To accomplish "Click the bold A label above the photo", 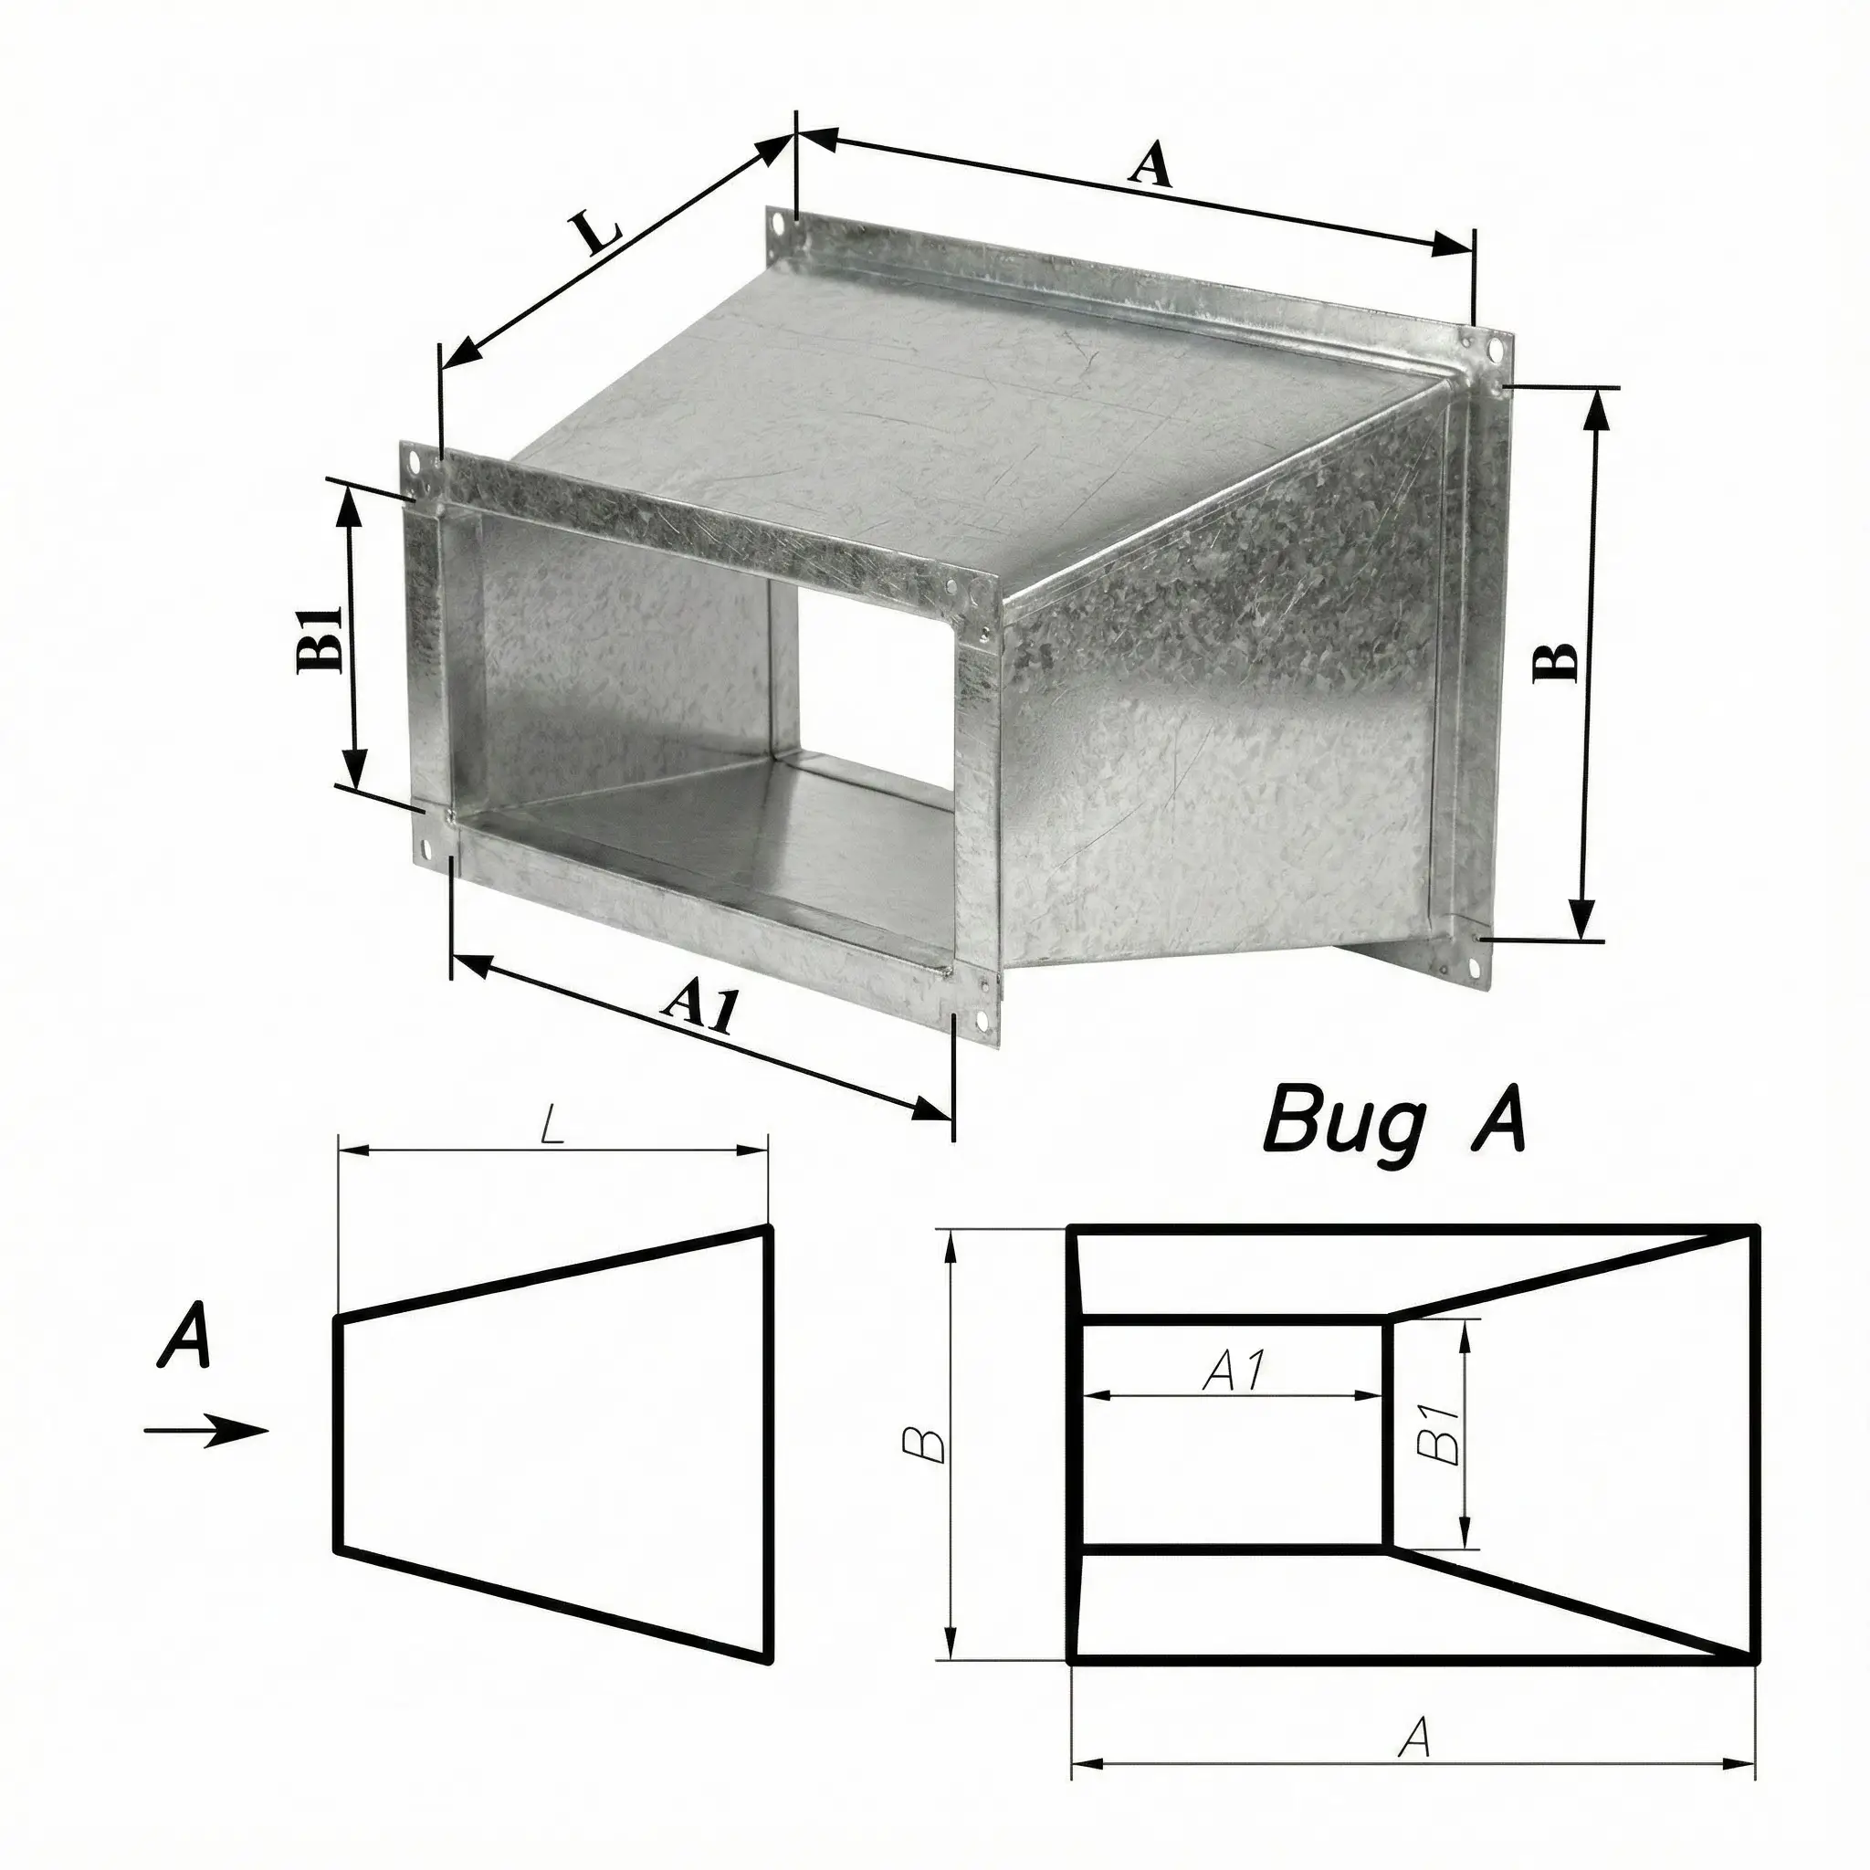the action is (1150, 163).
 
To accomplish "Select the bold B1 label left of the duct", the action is (320, 639).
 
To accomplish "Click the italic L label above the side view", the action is (552, 1129).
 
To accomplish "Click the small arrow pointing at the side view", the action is (205, 1430).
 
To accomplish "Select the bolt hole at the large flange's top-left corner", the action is (778, 225).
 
